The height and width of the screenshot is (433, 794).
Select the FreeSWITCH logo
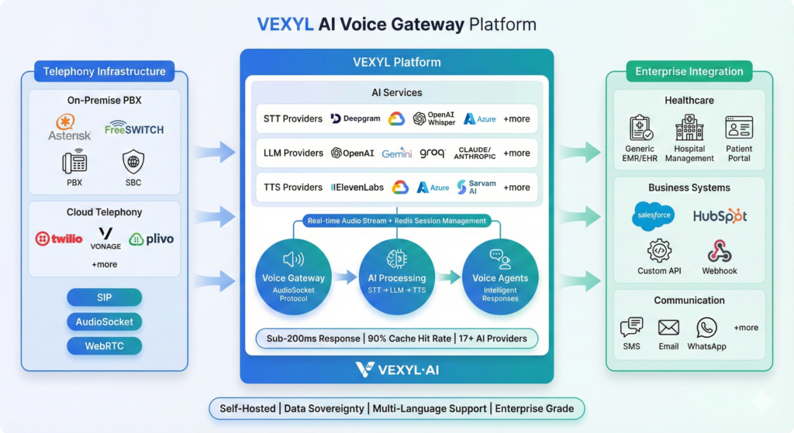pos(134,128)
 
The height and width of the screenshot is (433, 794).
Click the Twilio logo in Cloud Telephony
pos(59,239)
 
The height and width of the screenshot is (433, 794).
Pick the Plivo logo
pos(151,239)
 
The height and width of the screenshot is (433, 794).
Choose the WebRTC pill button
pos(104,345)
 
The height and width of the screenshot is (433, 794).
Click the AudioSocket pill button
pos(104,321)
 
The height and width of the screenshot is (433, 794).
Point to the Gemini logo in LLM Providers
pos(396,153)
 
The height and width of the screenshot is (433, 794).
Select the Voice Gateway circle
pos(294,277)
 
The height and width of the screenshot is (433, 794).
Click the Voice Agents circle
pos(500,277)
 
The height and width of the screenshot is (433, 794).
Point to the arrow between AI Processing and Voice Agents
pos(448,277)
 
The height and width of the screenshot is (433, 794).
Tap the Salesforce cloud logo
pos(653,216)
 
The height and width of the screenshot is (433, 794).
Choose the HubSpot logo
pos(720,216)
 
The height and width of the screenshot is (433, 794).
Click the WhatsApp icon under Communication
pos(706,328)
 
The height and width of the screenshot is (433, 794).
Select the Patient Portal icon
pos(739,129)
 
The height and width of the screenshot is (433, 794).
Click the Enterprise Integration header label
pos(689,71)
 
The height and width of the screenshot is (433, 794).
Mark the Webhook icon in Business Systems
pos(720,252)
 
